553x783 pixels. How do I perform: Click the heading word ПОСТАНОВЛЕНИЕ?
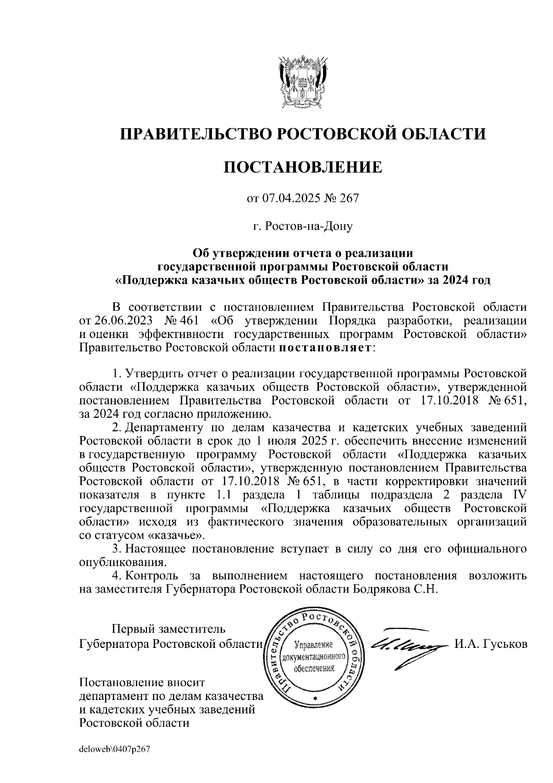(x=303, y=167)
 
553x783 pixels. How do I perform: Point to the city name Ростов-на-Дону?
(x=309, y=226)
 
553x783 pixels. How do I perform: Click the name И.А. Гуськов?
(x=490, y=644)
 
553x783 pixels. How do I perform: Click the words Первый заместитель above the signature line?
(x=169, y=629)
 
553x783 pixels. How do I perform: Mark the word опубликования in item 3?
(x=122, y=563)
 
